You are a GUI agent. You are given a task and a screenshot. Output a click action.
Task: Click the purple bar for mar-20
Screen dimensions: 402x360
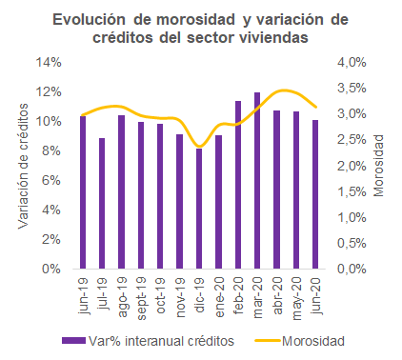pos(257,181)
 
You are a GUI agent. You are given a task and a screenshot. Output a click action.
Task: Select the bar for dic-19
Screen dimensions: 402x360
pos(199,209)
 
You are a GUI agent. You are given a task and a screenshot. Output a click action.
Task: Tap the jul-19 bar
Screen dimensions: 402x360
pos(102,204)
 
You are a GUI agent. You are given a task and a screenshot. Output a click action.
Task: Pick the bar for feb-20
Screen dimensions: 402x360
pos(238,185)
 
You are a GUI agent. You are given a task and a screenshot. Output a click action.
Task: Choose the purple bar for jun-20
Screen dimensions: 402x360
pos(315,194)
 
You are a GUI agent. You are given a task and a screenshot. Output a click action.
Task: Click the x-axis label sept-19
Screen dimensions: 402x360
pos(141,298)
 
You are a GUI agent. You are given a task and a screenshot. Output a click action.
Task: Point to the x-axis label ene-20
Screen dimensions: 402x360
pos(219,297)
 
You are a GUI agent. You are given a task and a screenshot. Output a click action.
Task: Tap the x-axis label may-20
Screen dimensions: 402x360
pos(296,298)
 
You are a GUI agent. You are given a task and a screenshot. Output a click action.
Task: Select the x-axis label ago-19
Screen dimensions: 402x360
pos(122,297)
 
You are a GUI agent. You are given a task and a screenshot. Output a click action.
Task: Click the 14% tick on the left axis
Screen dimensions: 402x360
pos(49,62)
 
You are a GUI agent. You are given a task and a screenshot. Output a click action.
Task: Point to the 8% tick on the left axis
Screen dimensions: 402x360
pos(51,150)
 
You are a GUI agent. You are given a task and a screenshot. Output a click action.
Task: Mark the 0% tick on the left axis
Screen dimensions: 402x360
pos(51,269)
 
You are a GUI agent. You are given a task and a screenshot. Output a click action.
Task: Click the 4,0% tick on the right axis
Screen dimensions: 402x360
pos(352,62)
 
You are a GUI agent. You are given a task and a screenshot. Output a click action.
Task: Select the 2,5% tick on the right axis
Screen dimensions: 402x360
pos(352,140)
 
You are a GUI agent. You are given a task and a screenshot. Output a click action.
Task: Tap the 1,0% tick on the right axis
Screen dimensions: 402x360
pos(352,217)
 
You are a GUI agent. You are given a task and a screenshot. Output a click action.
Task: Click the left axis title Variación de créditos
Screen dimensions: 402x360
pos(23,166)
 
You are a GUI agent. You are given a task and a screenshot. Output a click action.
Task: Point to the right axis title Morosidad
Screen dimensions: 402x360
pos(378,166)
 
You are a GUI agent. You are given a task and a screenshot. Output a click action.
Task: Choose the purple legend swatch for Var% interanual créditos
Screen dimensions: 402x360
pos(73,341)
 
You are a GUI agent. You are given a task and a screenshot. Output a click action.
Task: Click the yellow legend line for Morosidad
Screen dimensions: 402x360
pos(268,341)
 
